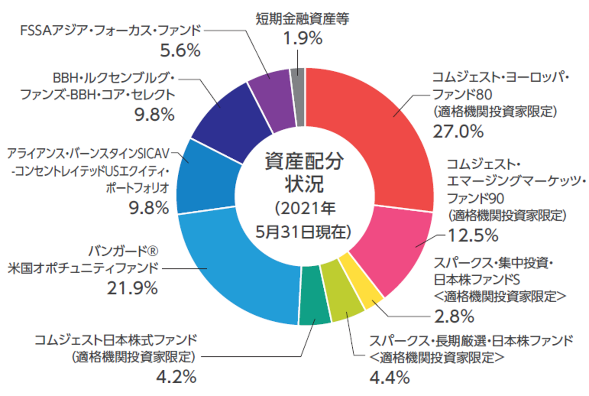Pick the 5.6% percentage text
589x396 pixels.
tap(180, 50)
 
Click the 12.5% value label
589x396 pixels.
tap(473, 235)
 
